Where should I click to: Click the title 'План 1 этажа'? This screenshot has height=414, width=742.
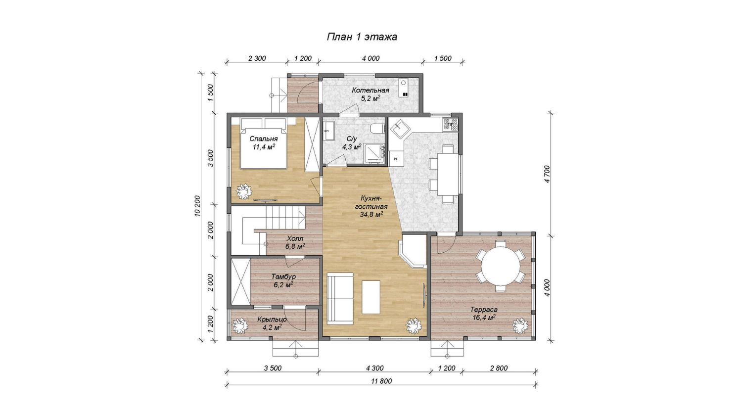pyautogui.click(x=362, y=37)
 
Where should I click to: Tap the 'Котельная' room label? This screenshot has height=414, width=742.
pyautogui.click(x=371, y=90)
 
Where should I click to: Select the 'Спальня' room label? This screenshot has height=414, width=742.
pyautogui.click(x=264, y=139)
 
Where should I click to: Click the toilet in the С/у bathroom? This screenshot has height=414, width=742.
pyautogui.click(x=378, y=128)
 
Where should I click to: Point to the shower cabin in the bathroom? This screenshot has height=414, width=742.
pyautogui.click(x=375, y=154)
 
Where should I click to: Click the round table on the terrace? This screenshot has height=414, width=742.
pyautogui.click(x=501, y=266)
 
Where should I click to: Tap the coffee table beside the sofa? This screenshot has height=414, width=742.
pyautogui.click(x=371, y=297)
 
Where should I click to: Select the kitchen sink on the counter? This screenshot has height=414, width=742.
pyautogui.click(x=400, y=128)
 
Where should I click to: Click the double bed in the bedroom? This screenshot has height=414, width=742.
pyautogui.click(x=263, y=143)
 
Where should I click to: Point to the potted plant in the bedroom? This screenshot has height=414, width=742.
pyautogui.click(x=244, y=191)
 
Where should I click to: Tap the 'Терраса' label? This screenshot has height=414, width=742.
pyautogui.click(x=484, y=310)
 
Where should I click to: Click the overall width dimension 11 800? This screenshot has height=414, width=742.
pyautogui.click(x=381, y=381)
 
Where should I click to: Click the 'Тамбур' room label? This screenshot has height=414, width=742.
pyautogui.click(x=283, y=276)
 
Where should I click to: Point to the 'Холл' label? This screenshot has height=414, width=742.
pyautogui.click(x=295, y=238)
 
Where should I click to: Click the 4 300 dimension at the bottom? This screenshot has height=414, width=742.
pyautogui.click(x=374, y=368)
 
